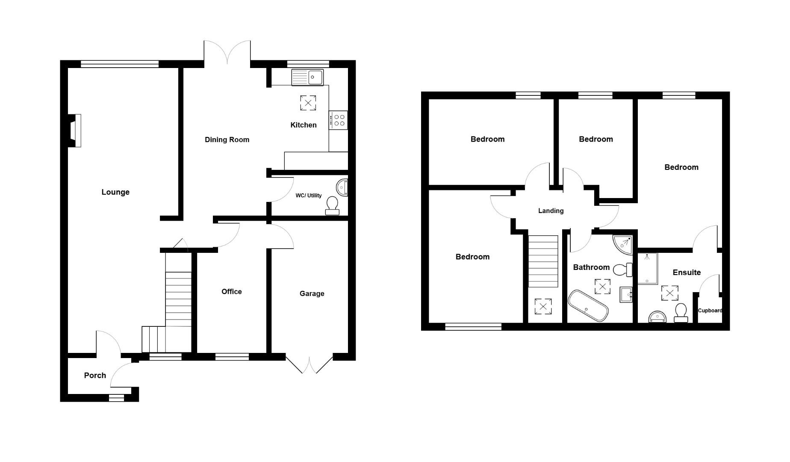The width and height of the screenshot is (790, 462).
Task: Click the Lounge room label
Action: click(x=115, y=192)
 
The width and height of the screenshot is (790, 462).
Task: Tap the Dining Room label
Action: click(x=227, y=139)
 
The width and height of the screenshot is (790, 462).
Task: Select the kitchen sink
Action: click(x=307, y=77)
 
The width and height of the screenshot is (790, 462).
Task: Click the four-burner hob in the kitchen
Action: click(x=338, y=120)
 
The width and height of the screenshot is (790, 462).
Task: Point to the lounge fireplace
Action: click(x=75, y=130)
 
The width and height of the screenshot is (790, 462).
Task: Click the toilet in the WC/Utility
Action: click(x=332, y=206)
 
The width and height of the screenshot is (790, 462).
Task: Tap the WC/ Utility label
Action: click(x=308, y=195)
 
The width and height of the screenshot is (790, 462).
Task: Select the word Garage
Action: click(x=312, y=293)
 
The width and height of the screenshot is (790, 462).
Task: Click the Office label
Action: click(x=231, y=291)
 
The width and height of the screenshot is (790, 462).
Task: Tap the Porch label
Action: click(x=95, y=375)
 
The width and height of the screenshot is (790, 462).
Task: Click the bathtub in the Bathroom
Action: click(x=588, y=306)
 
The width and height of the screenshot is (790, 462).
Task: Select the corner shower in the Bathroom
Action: click(x=623, y=243)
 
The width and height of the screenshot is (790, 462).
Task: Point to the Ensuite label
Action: click(x=687, y=272)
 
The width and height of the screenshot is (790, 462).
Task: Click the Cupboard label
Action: click(x=710, y=311)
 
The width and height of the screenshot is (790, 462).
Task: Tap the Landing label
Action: click(x=551, y=210)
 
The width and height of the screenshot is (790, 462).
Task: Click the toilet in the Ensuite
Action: click(x=681, y=313)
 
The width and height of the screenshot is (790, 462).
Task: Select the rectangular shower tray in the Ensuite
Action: click(x=647, y=268)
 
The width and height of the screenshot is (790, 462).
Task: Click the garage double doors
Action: click(x=309, y=364)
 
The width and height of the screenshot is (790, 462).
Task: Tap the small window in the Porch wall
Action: click(x=116, y=398)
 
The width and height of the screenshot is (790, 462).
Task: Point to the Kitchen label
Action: click(x=303, y=125)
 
